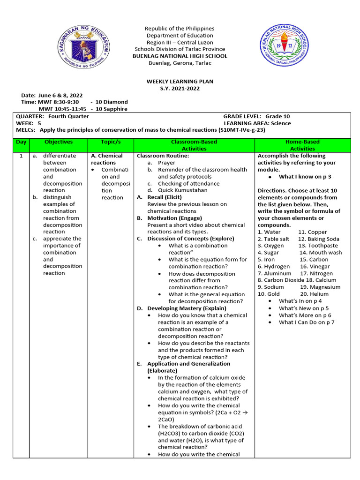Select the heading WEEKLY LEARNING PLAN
click(180, 82)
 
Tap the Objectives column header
click(59, 142)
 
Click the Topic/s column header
click(111, 142)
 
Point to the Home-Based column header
click(302, 145)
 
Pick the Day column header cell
click(21, 142)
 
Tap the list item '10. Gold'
click(269, 294)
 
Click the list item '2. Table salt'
click(273, 239)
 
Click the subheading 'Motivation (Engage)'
click(174, 218)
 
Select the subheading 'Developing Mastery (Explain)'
click(187, 308)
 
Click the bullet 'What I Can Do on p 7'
click(307, 322)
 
